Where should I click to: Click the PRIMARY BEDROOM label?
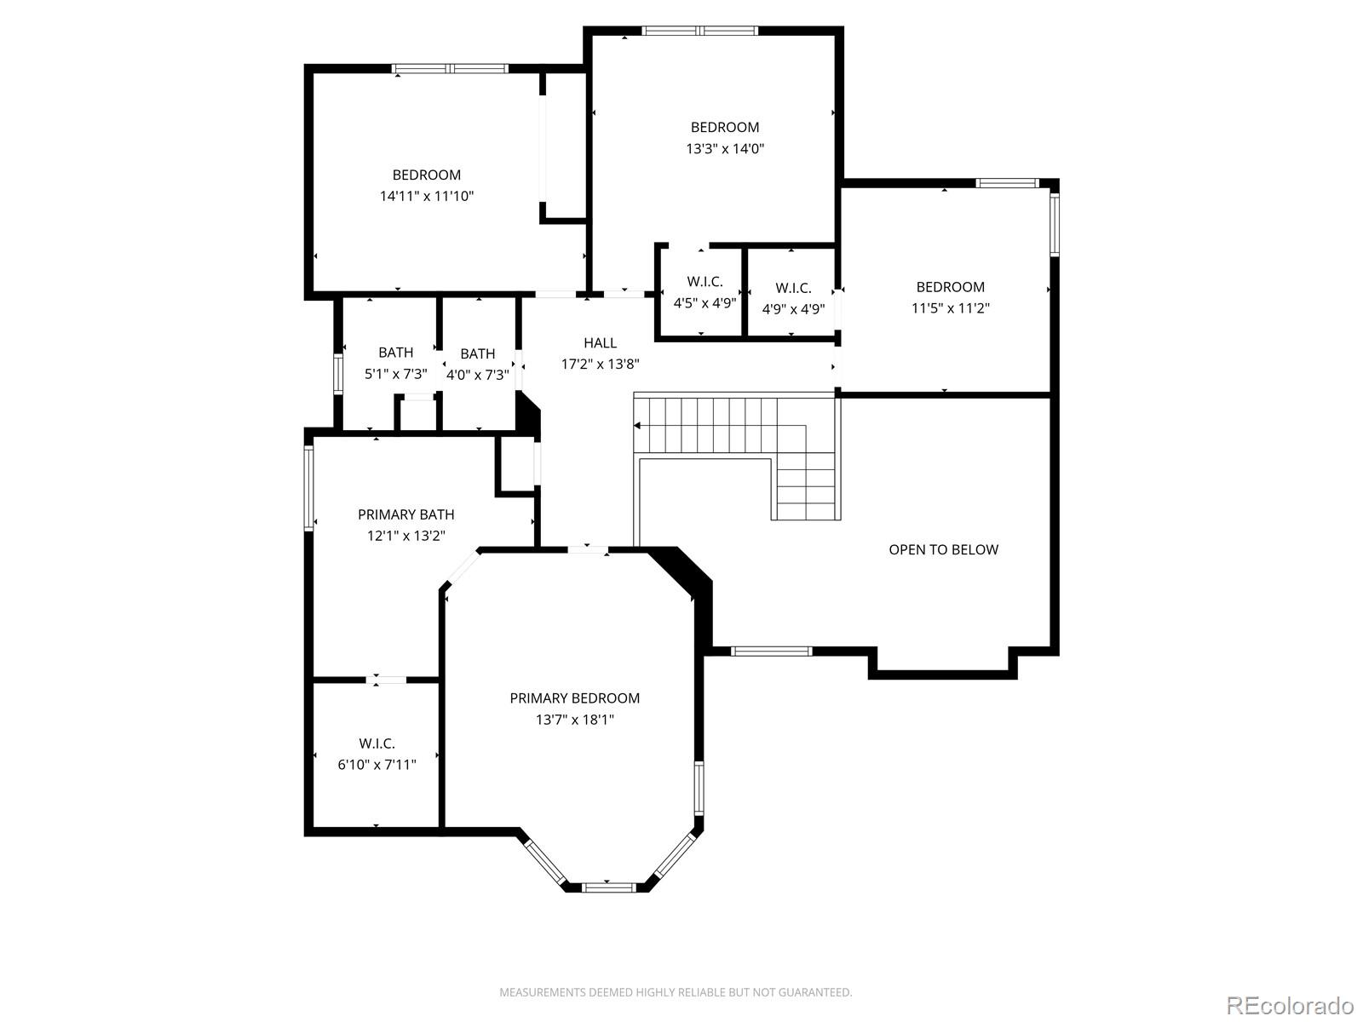[x=574, y=698]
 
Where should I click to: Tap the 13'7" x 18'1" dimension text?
[x=574, y=720]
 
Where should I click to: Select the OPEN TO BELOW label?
[x=943, y=549]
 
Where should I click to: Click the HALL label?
[x=600, y=342]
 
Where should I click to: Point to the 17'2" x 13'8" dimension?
[x=600, y=364]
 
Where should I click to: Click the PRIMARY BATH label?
[x=405, y=514]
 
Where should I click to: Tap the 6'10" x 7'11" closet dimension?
[x=377, y=765]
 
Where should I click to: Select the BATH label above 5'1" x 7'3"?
[x=395, y=352]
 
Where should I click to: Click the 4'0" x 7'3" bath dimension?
[x=478, y=375]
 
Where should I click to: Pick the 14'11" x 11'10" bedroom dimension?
[x=426, y=196]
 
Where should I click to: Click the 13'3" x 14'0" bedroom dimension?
[x=725, y=148]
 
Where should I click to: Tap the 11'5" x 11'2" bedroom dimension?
[x=950, y=308]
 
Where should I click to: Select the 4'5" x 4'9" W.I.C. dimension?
[x=705, y=302]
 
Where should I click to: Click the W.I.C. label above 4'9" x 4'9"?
[x=793, y=288]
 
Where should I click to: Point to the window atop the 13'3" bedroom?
[x=699, y=32]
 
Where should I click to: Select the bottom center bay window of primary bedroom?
[x=609, y=887]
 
